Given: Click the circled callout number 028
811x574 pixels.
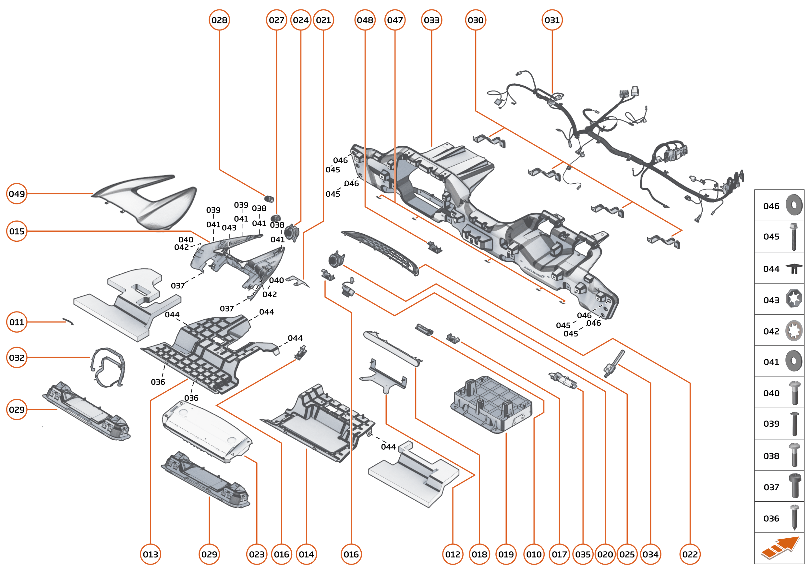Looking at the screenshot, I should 219,20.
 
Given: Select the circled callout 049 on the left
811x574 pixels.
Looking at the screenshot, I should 17,194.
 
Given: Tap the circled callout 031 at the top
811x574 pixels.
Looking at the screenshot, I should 552,20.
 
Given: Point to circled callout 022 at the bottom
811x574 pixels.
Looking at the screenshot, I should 690,554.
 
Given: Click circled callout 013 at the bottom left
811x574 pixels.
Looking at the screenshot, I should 151,554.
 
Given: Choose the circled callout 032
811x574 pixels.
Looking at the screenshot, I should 17,358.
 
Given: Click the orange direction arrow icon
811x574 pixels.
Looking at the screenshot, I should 780,548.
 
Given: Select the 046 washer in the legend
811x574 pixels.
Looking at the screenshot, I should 794,205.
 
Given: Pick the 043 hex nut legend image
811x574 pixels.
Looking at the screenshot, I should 794,299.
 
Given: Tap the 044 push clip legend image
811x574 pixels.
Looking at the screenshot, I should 794,269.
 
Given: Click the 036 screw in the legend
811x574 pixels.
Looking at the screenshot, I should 794,518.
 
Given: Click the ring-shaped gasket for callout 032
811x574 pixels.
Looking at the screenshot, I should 108,368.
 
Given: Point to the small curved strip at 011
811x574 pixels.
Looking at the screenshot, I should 68,321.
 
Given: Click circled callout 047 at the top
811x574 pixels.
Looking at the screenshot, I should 395,20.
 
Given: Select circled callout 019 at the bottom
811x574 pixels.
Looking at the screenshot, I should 506,554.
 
